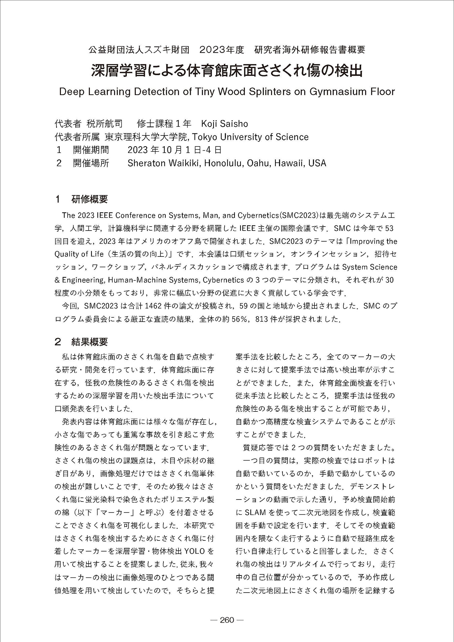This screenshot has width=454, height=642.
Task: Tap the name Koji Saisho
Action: (x=224, y=124)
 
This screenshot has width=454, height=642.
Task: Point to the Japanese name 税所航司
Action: (x=105, y=124)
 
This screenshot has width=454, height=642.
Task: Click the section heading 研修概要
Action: (x=89, y=199)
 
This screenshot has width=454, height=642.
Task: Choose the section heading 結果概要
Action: (x=89, y=342)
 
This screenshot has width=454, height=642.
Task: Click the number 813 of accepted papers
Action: (x=262, y=319)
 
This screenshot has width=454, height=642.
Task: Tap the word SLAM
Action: (x=255, y=513)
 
